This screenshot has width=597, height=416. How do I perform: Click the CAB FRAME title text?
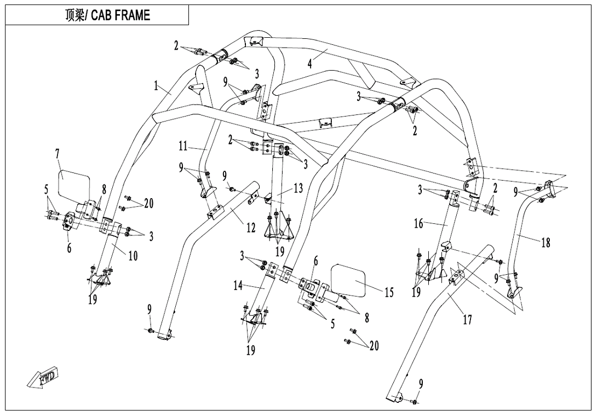[x=107, y=15]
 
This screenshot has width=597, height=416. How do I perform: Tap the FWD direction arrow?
[x=43, y=377]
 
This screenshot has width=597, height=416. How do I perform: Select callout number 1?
[x=156, y=86]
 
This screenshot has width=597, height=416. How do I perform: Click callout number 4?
[x=310, y=63]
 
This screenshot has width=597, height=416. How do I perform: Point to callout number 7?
[x=58, y=154]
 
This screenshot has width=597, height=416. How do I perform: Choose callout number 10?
[x=133, y=256]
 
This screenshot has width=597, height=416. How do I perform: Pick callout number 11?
[x=183, y=147]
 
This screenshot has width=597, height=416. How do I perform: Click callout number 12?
[x=250, y=228]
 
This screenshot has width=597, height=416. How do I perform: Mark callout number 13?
[x=298, y=189]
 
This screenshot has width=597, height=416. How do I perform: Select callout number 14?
[x=238, y=285]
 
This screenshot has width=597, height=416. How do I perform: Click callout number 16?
[x=418, y=223]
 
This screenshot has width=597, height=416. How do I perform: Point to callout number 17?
[x=467, y=319]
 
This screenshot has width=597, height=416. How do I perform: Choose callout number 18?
[x=546, y=242]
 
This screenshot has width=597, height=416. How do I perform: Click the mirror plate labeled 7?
[x=74, y=183]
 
